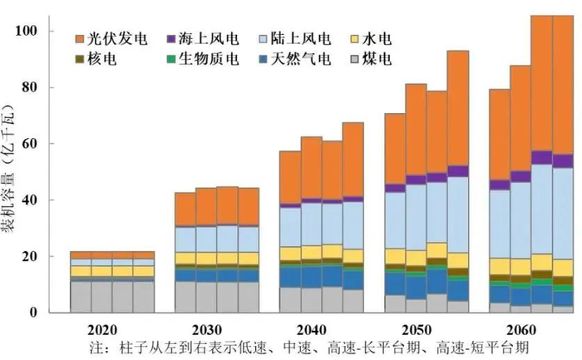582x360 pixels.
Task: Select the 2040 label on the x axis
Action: tap(311, 328)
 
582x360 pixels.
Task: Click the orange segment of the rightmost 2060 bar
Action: tap(563, 83)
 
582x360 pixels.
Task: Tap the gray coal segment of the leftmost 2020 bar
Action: tap(80, 297)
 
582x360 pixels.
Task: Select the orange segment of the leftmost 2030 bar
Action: tap(185, 210)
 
